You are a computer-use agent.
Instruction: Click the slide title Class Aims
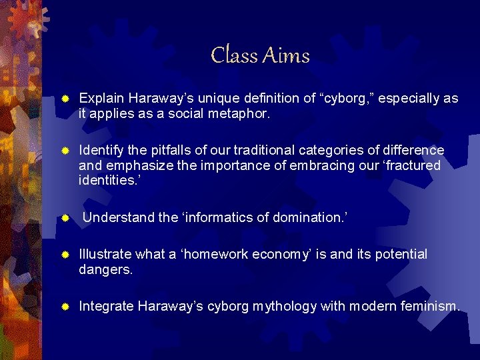[260, 55]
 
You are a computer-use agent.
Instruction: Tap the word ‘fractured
[406, 165]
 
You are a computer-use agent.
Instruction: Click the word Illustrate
[105, 255]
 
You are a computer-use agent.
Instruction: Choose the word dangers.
[105, 270]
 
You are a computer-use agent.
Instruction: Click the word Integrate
[106, 307]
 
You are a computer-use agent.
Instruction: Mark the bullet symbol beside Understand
[65, 218]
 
